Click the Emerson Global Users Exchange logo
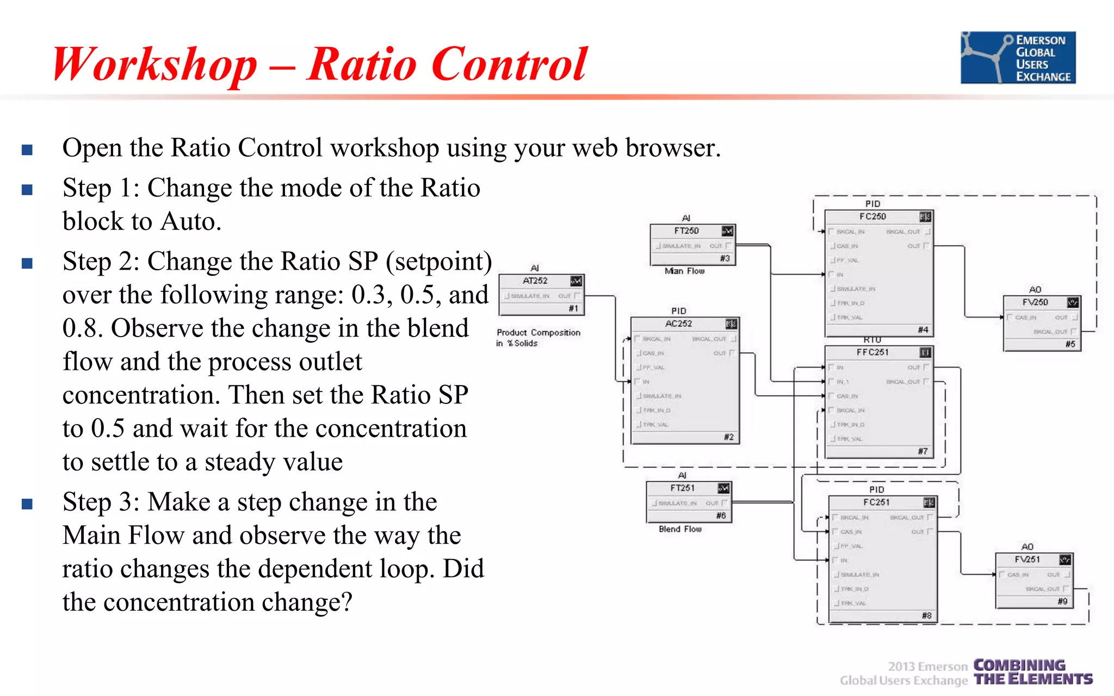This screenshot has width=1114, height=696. click(1018, 58)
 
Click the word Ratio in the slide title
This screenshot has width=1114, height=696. click(362, 64)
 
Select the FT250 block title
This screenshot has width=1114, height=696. click(686, 231)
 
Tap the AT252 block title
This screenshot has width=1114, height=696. click(535, 281)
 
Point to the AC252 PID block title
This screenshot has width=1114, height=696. click(678, 324)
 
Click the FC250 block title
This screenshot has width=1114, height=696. click(872, 217)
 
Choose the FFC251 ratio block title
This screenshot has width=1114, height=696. click(872, 352)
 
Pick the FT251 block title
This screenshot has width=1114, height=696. click(682, 488)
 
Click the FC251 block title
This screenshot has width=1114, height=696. click(876, 502)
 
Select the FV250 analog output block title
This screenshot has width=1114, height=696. click(1035, 302)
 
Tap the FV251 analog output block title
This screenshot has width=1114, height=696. click(1027, 560)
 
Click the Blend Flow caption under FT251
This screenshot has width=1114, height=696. click(680, 529)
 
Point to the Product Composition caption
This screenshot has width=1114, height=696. click(538, 333)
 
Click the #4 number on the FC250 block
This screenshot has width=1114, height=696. click(923, 330)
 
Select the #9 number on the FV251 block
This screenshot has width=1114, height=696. click(1062, 601)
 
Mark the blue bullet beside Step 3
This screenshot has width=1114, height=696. click(27, 504)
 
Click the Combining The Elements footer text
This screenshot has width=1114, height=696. click(1032, 673)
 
